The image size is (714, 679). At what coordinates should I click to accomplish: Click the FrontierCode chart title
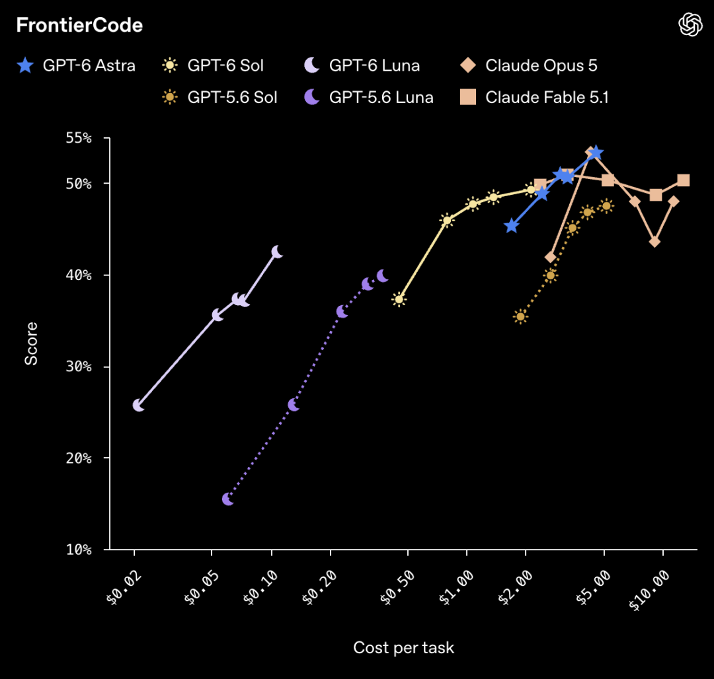tap(80, 25)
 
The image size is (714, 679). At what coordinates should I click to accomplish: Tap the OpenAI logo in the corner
tap(690, 24)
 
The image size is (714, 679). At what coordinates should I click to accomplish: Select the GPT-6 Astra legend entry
tap(76, 65)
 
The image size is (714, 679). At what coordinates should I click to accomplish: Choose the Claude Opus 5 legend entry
tap(529, 65)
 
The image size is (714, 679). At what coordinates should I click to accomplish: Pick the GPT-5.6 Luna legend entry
tap(368, 97)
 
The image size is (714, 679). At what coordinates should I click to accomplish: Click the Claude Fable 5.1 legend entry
tap(534, 97)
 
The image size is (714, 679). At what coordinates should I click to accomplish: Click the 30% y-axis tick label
tap(78, 367)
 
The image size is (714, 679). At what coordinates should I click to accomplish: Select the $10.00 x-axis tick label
tap(649, 590)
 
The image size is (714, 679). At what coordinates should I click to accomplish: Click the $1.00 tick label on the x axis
tap(456, 588)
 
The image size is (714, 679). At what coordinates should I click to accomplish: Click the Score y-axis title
tap(31, 343)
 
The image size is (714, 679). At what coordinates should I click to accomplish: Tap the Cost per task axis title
tap(404, 647)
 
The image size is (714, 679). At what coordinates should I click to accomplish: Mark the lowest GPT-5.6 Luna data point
tap(228, 499)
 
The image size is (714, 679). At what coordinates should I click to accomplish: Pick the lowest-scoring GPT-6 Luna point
tap(138, 405)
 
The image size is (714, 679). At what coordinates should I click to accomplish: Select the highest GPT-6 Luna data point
tap(277, 252)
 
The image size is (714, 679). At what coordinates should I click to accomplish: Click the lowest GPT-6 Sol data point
tap(399, 299)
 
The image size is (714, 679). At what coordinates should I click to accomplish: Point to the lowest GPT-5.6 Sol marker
tap(520, 316)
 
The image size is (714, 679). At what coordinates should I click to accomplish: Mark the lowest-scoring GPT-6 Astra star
tap(512, 226)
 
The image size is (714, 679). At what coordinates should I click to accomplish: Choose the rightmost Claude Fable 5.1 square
tap(683, 180)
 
